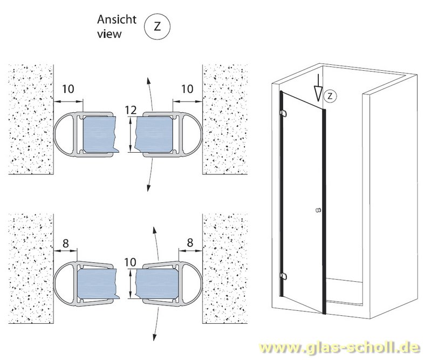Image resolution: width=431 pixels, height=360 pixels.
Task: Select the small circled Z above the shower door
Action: (331, 96)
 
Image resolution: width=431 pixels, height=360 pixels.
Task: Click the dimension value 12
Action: (129, 110)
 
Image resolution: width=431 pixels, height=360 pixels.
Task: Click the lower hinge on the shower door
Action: (283, 276)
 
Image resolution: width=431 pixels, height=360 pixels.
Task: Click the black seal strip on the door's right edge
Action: (324, 210)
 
